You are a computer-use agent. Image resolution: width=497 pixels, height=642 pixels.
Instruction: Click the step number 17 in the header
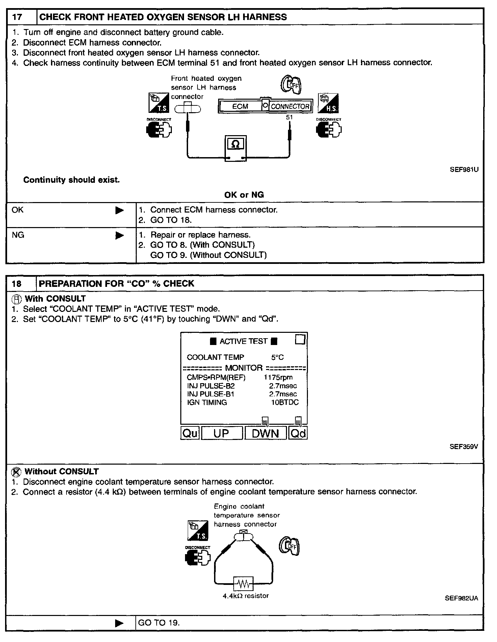[x=17, y=17]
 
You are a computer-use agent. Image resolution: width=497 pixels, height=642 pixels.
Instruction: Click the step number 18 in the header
[x=17, y=283]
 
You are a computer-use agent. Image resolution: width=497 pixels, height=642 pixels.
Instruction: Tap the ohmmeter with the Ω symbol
[x=236, y=148]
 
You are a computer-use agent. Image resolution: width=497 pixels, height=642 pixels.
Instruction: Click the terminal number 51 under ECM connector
[x=289, y=117]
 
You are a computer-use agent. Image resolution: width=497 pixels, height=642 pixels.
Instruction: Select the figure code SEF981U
[x=464, y=170]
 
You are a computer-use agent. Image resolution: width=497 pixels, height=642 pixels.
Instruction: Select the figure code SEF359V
[x=464, y=446]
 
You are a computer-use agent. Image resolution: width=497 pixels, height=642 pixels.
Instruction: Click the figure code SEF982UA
[x=461, y=598]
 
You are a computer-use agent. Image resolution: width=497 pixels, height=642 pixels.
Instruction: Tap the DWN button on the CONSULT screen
[x=265, y=434]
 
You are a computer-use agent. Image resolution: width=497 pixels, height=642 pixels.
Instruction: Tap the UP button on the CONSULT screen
[x=221, y=434]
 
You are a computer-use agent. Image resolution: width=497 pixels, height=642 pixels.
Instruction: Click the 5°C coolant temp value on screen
[x=277, y=357]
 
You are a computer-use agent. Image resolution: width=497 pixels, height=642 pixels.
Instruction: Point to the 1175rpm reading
[x=278, y=377]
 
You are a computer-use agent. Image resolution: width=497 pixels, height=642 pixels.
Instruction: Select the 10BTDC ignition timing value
[x=285, y=402]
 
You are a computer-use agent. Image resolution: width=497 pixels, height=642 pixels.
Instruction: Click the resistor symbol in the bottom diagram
[x=243, y=583]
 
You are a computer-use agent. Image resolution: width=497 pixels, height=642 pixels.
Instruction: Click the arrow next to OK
[x=120, y=211]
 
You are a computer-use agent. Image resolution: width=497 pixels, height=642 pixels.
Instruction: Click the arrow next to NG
[x=120, y=236]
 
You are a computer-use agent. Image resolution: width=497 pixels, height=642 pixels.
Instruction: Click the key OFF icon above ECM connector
[x=291, y=84]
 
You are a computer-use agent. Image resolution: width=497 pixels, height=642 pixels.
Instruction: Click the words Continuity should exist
[x=71, y=180]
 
